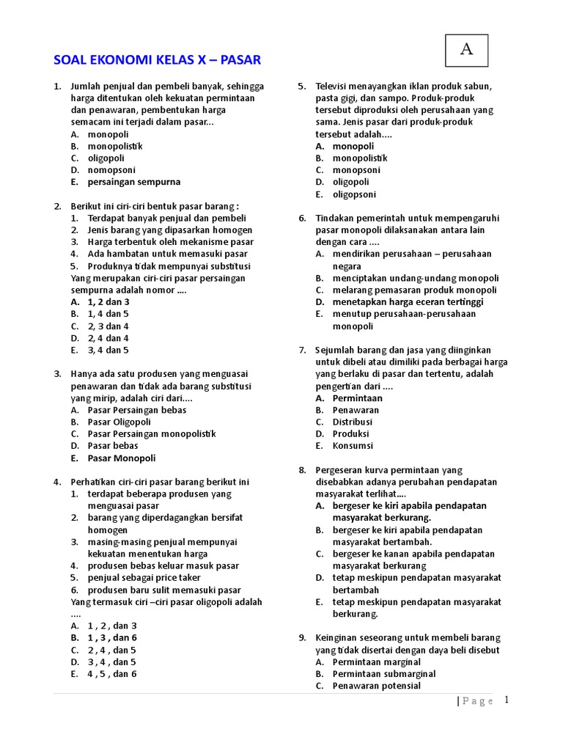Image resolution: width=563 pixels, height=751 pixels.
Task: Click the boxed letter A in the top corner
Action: pos(466,50)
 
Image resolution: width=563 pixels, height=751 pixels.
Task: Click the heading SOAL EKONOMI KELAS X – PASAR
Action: pos(158,60)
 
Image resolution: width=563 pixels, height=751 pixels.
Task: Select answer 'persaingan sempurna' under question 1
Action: pos(133,182)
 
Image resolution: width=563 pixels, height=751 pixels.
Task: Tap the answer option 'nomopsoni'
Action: pos(114,170)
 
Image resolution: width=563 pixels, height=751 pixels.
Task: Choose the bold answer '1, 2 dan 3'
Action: pos(108,302)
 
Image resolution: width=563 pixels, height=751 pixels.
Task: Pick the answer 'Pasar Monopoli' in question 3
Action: pos(122,458)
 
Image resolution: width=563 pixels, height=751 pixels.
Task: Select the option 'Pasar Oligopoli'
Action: pos(119,422)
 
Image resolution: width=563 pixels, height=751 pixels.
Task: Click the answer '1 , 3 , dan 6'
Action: pos(112,638)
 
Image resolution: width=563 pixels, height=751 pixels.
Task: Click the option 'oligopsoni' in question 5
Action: pos(354,194)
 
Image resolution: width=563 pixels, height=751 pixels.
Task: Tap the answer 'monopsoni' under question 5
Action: pos(356,170)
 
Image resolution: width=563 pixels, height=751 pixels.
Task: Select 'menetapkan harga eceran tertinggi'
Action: pos(408,302)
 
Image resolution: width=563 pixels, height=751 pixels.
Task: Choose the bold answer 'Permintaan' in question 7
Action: pos(358,398)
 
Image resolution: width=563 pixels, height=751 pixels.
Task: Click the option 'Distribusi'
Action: pos(353,422)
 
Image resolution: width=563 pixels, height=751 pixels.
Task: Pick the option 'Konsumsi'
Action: pos(353,446)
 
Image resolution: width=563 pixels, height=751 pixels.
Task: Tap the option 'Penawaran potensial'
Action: pos(377,686)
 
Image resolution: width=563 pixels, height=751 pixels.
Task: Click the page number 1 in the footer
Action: pos(506,700)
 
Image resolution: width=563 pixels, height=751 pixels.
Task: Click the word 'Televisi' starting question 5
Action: pos(332,87)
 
